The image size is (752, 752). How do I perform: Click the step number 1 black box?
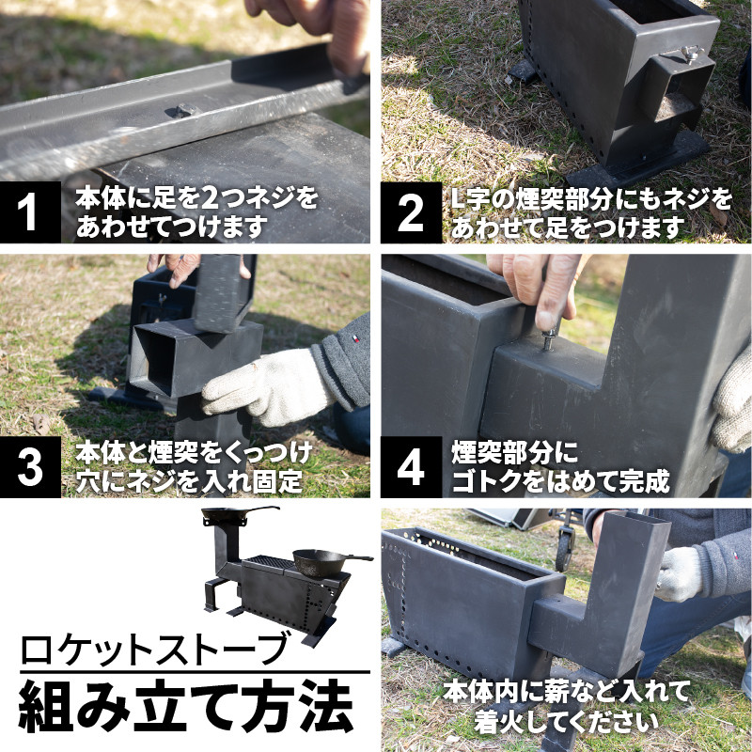[30, 212]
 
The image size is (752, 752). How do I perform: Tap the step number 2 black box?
[411, 212]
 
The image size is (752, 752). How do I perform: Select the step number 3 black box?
[30, 466]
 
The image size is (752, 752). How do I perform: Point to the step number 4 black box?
[411, 466]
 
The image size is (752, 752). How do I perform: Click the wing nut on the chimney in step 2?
[688, 53]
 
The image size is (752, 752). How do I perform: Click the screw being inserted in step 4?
[549, 339]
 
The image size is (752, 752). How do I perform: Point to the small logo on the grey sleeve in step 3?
[356, 339]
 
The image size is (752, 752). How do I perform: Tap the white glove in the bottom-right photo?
[680, 574]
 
